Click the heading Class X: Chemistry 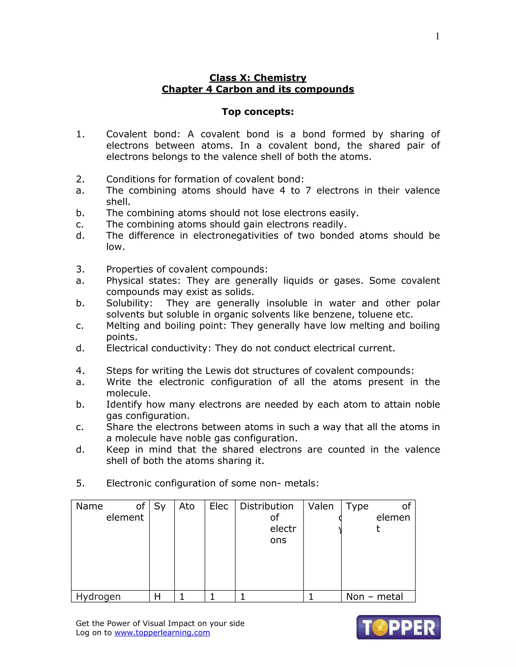(x=258, y=78)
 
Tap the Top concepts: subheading (x=258, y=112)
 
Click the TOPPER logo (x=398, y=627)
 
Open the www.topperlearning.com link (x=162, y=633)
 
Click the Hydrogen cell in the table (x=98, y=597)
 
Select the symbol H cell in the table (x=157, y=597)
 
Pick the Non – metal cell (x=374, y=597)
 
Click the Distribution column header (x=267, y=506)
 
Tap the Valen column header (x=321, y=506)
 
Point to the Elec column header (x=219, y=506)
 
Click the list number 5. (x=80, y=483)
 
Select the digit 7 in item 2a (x=308, y=191)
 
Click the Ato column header (x=187, y=506)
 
